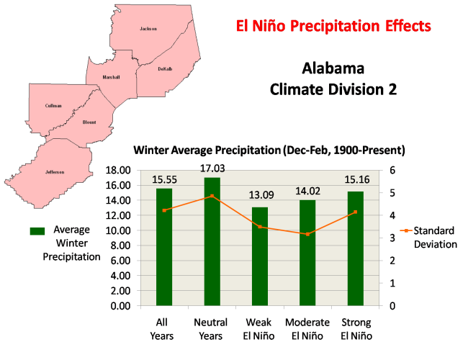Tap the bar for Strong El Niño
356,248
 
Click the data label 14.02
307,191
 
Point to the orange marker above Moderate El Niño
307,234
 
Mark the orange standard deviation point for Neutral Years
212,196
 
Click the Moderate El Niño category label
307,328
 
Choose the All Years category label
164,328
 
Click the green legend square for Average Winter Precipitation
37,231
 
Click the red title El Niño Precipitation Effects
334,27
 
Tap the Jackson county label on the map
148,29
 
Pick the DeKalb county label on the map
165,69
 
